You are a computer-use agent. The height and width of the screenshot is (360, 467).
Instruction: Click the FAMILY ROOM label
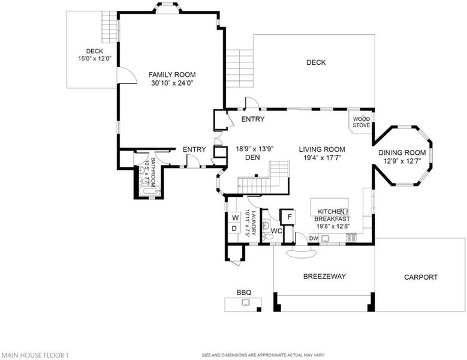(172, 74)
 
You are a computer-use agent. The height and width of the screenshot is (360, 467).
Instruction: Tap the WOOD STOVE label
(361, 122)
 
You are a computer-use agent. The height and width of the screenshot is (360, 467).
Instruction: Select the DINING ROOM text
(402, 153)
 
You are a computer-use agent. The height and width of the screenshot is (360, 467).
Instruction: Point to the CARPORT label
(421, 277)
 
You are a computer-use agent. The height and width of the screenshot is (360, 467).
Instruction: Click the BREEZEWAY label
(325, 276)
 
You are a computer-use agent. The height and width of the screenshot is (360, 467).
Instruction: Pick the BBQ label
(244, 292)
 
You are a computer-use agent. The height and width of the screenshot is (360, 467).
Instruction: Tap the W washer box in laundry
(235, 218)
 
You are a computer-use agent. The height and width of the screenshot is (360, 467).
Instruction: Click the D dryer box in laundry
(234, 229)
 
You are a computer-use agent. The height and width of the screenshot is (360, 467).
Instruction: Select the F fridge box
(289, 217)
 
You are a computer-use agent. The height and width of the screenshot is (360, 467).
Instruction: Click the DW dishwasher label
(314, 238)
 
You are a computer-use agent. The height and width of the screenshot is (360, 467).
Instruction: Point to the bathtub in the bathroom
(150, 191)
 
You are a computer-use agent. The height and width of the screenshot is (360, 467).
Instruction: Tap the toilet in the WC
(268, 237)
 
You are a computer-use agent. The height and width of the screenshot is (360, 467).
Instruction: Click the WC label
(276, 231)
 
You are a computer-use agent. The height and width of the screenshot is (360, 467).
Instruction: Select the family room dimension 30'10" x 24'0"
(172, 83)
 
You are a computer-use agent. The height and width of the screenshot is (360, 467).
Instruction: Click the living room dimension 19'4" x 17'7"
(322, 158)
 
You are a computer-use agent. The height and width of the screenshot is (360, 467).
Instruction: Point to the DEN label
(252, 157)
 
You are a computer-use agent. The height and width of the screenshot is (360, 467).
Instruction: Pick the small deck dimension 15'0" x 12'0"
(95, 59)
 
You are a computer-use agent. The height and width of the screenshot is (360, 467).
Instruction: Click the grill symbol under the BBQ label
(246, 303)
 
